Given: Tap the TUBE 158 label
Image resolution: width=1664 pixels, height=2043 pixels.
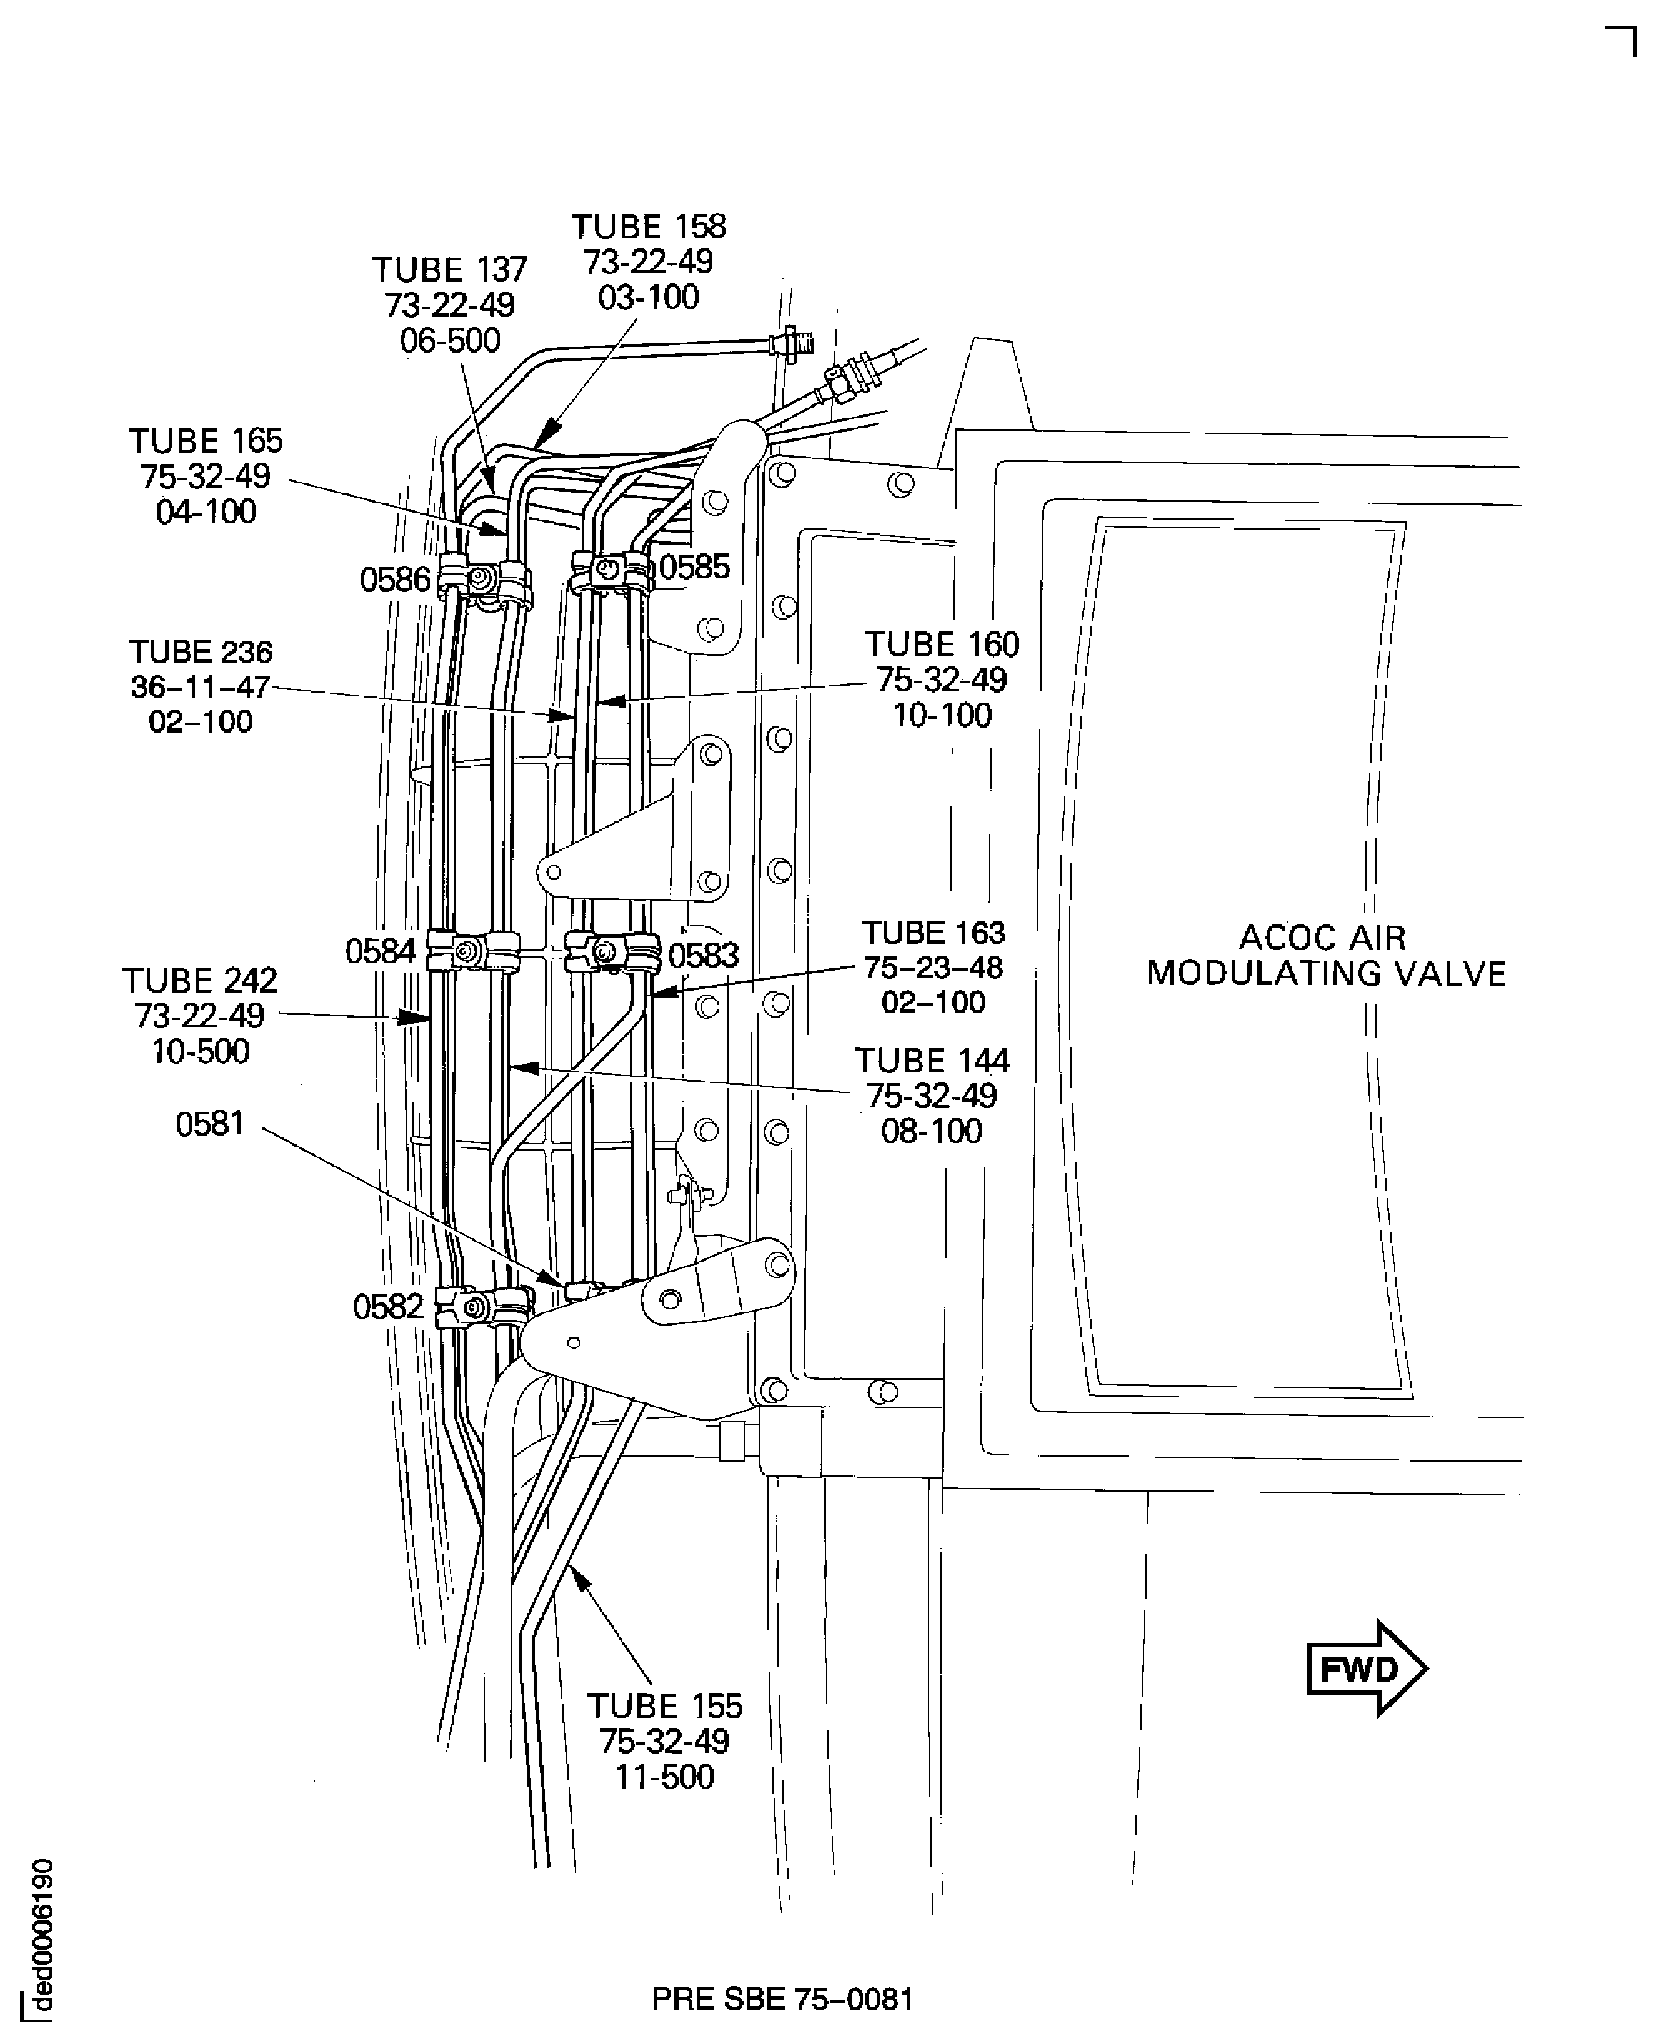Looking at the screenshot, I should [x=649, y=227].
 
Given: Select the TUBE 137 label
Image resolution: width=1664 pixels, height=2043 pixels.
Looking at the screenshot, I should [x=449, y=269].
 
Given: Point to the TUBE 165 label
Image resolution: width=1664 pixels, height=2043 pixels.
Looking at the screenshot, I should [x=206, y=442].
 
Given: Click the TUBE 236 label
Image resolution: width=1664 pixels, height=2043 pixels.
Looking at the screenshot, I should [x=201, y=653].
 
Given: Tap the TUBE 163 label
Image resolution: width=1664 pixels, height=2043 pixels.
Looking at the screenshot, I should [x=933, y=933].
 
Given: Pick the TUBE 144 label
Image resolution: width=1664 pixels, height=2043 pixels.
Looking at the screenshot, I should [x=932, y=1062].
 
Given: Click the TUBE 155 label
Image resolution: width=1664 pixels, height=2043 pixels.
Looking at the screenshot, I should [x=664, y=1707].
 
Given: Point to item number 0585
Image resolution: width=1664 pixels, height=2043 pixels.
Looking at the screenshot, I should [x=695, y=568].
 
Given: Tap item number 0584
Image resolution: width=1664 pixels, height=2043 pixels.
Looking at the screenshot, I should [x=381, y=952].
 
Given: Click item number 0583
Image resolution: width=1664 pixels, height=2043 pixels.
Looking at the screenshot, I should [x=704, y=956].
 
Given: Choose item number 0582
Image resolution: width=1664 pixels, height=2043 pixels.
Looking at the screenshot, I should [x=388, y=1307].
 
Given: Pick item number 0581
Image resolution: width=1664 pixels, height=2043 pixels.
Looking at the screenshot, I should [x=210, y=1123].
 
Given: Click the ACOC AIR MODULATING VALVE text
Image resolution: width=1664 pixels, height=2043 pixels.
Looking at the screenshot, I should [x=1326, y=956].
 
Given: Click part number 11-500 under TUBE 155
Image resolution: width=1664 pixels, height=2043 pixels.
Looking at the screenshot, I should [x=664, y=1777].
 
